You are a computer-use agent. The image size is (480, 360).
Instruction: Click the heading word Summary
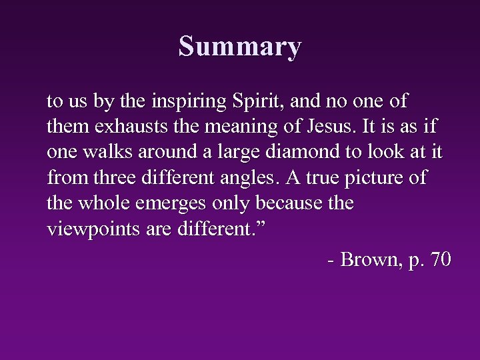click(x=240, y=47)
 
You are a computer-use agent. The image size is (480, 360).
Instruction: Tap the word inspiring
click(x=191, y=103)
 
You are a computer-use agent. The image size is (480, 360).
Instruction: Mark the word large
click(x=227, y=152)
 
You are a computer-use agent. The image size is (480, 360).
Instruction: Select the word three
click(x=112, y=177)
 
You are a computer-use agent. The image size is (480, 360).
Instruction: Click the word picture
click(x=382, y=179)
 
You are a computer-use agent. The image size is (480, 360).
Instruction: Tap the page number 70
click(x=441, y=259)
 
